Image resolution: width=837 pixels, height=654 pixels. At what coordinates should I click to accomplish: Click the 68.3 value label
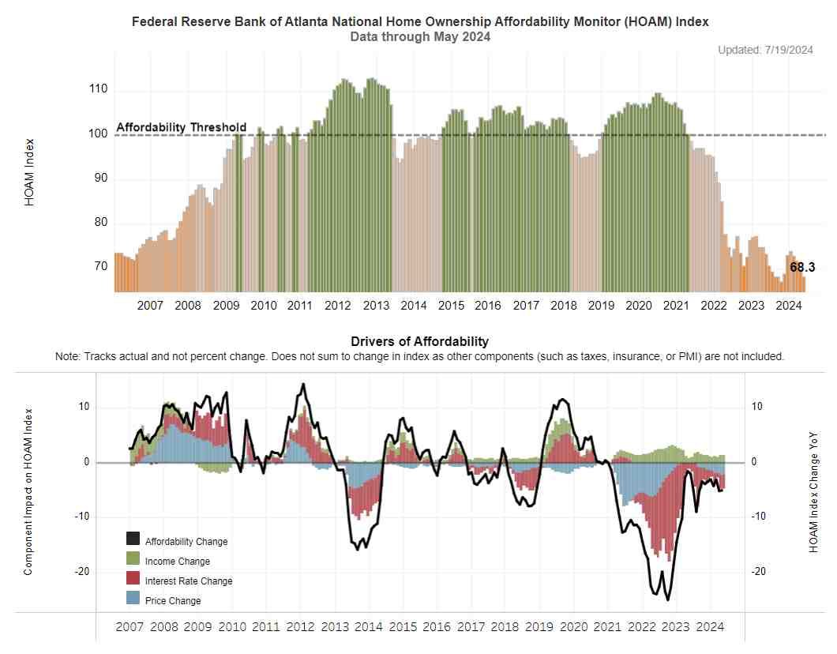click(x=802, y=267)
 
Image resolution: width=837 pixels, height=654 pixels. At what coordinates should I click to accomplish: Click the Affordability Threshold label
click(x=181, y=127)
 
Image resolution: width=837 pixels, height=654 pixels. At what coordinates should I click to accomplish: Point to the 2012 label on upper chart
click(x=338, y=306)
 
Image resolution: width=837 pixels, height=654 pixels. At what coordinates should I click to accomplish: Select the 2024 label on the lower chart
click(x=708, y=626)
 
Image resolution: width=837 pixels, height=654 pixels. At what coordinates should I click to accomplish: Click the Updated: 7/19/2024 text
click(x=765, y=50)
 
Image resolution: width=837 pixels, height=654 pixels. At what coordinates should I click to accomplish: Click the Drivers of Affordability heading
click(x=419, y=341)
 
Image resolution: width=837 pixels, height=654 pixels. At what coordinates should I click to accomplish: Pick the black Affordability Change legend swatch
click(x=133, y=539)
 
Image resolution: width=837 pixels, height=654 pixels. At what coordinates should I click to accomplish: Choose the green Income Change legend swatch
click(x=133, y=559)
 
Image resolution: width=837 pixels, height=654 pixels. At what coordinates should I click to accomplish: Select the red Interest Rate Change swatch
click(x=133, y=579)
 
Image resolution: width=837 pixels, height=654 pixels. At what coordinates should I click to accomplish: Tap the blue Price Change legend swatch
click(x=133, y=599)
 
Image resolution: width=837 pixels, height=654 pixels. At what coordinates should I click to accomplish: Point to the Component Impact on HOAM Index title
click(x=28, y=491)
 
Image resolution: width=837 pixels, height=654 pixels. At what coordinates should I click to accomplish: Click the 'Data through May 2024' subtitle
click(x=419, y=36)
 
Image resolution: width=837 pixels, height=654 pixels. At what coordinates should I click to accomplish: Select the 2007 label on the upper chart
click(x=150, y=306)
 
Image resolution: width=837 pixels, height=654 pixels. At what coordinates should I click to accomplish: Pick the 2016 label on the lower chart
click(x=437, y=626)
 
